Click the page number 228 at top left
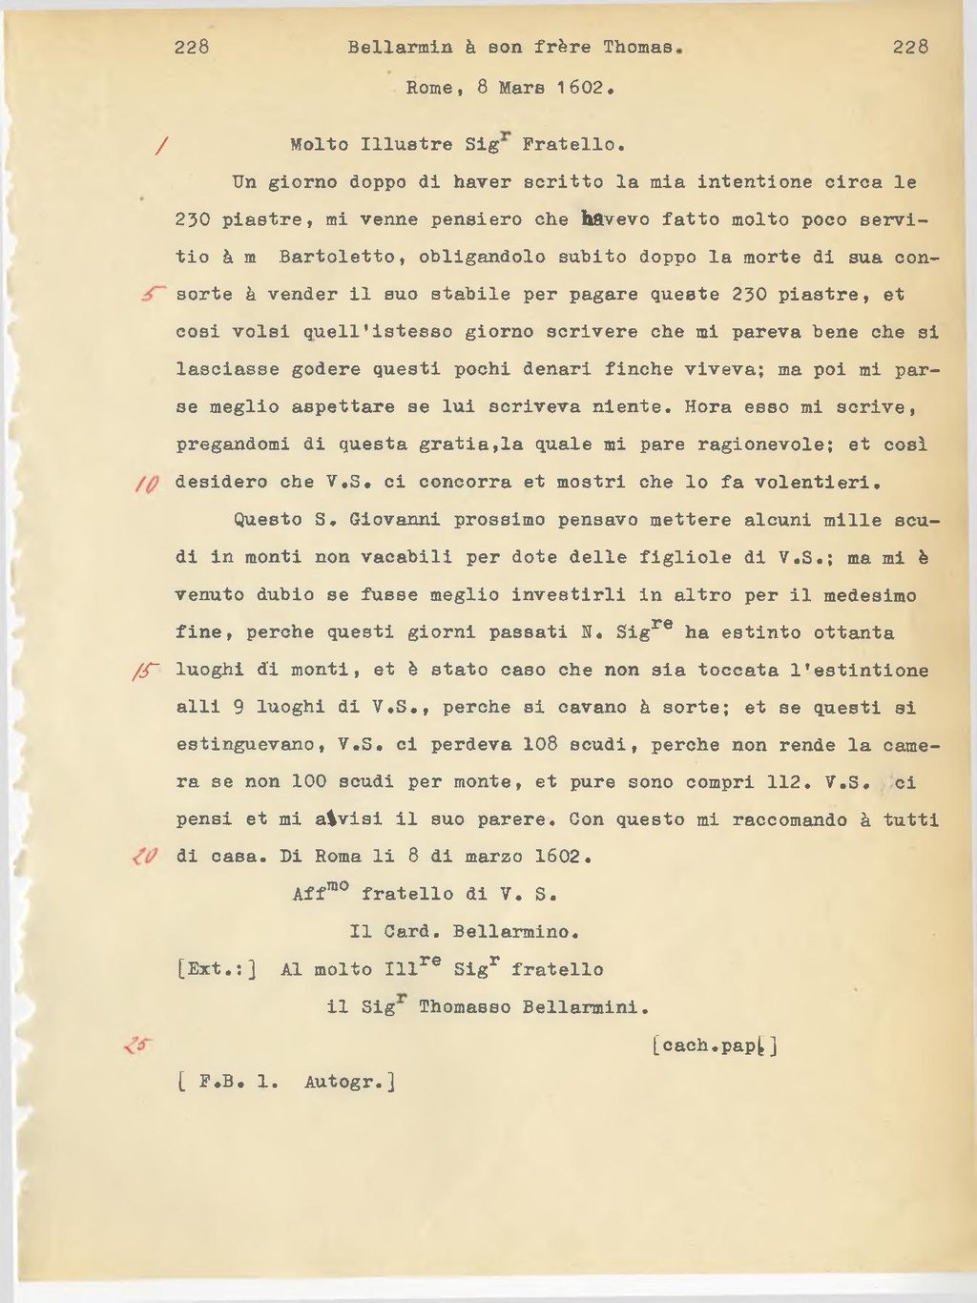click(192, 47)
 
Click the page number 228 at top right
click(910, 47)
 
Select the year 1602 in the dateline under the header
click(581, 88)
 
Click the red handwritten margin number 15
click(146, 672)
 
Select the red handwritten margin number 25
click(138, 1045)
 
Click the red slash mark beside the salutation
click(162, 146)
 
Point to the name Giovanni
click(395, 520)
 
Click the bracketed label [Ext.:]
click(217, 970)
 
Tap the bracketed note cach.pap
click(715, 1045)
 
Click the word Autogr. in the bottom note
click(349, 1083)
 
